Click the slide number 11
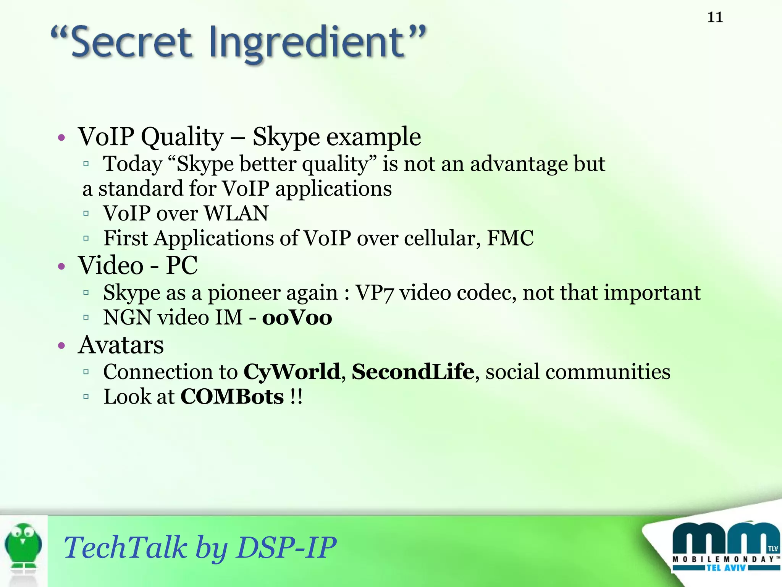point(715,18)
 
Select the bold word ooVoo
point(297,318)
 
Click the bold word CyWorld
point(292,372)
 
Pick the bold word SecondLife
point(413,372)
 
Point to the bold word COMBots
point(232,397)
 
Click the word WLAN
point(236,213)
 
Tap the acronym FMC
point(510,238)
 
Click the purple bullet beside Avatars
point(62,346)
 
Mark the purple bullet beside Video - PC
point(62,266)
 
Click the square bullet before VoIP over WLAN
point(86,214)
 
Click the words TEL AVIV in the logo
point(726,568)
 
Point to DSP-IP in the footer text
point(286,547)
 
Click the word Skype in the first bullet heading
point(286,137)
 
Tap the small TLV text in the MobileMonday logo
point(773,548)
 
